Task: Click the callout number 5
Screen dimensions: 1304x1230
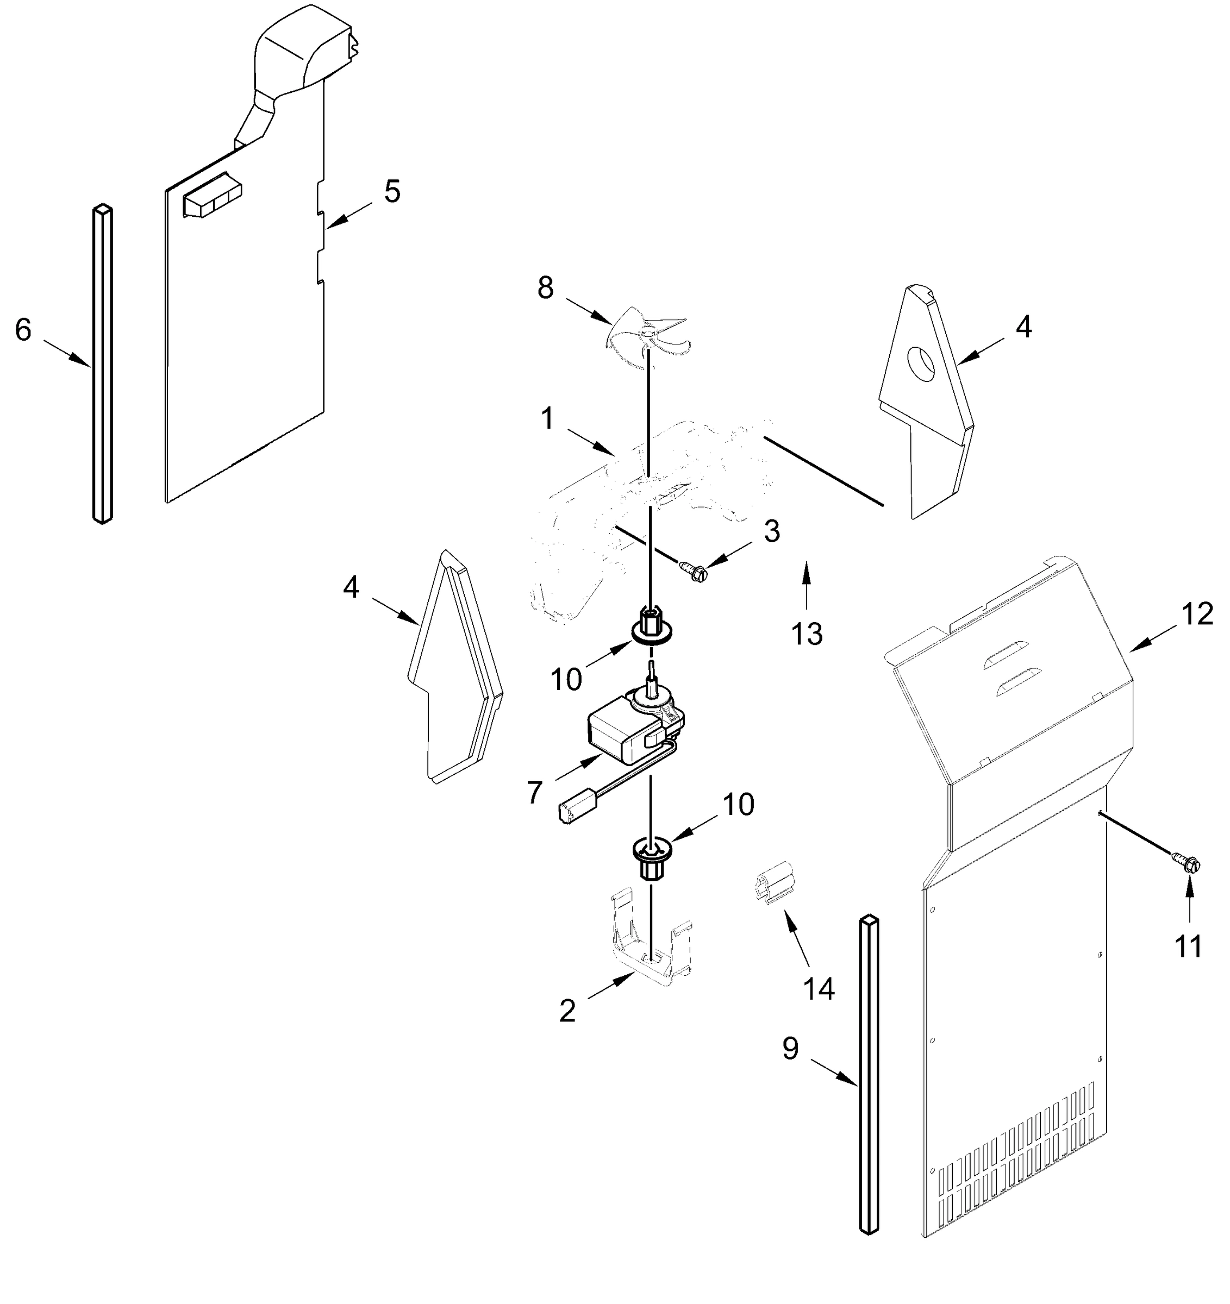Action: (x=392, y=192)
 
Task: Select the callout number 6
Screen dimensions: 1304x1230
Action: (x=23, y=330)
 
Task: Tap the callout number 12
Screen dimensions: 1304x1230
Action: (x=1197, y=615)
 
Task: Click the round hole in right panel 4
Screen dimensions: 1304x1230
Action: (x=922, y=365)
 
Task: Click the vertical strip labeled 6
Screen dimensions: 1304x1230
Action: (x=102, y=364)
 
